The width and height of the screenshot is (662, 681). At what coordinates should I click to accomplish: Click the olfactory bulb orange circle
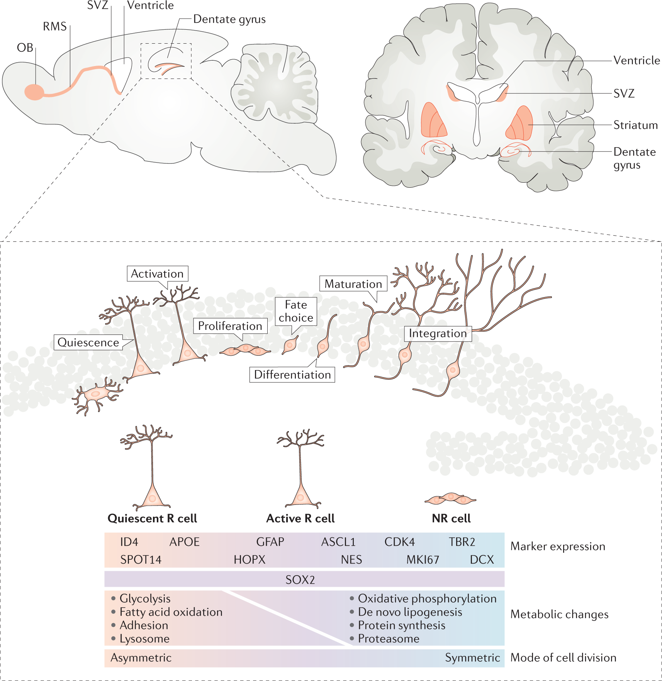coord(34,92)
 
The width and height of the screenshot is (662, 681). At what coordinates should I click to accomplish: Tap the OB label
coord(25,48)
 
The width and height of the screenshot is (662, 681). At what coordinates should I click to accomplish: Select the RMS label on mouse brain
coord(55,27)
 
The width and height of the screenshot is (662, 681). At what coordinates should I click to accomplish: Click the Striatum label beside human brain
coord(635,125)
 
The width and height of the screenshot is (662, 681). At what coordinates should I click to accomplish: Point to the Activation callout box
coord(157,273)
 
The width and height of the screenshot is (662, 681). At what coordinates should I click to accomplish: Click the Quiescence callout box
coord(88,342)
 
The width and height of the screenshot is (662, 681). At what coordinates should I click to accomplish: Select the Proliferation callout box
coord(230,326)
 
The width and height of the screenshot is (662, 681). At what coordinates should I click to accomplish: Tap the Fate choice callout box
coord(296,311)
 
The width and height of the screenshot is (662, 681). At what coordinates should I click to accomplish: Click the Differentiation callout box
coord(292,375)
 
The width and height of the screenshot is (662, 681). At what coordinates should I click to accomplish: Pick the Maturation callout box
coord(353,284)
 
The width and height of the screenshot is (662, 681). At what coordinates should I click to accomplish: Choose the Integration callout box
coord(438,333)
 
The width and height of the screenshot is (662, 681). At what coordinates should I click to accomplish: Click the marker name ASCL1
coord(338,542)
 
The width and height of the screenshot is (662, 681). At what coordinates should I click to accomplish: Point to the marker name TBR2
coord(462,542)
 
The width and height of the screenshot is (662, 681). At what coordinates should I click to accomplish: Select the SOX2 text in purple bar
coord(300,580)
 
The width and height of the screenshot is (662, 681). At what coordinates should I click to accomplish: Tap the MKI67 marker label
coord(423,560)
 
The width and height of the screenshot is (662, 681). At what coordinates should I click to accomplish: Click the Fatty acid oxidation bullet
coord(171,612)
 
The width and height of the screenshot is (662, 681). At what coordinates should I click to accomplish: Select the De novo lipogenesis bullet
coord(410,612)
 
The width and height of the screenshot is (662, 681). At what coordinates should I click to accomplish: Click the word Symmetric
coord(472,657)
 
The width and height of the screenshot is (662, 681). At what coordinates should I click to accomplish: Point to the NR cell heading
coord(451,518)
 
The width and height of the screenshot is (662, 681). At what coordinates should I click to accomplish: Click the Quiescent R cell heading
coord(152,518)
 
